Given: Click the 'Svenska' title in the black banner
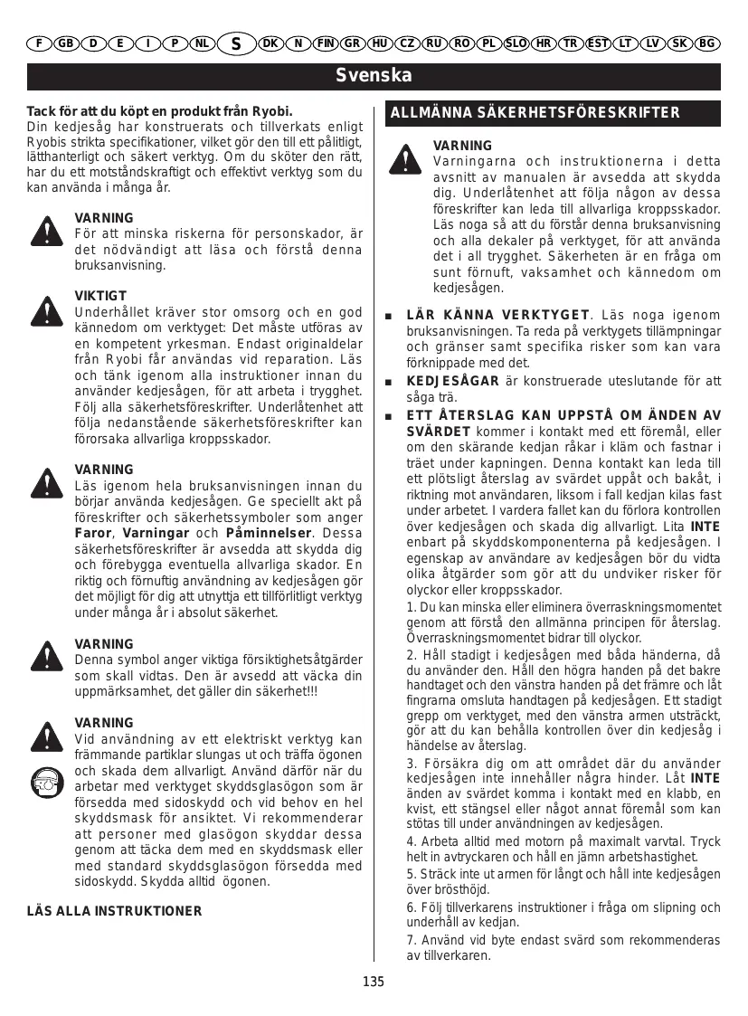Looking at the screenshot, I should tap(374, 75).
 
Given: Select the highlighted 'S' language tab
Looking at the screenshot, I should tap(236, 43).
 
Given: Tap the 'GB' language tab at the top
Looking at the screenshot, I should tap(66, 43).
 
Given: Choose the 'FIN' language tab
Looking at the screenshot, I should tap(326, 43).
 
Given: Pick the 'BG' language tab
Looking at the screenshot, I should tap(707, 43).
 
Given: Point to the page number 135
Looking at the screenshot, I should tap(374, 982).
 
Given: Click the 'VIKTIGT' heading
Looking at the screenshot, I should tap(100, 296).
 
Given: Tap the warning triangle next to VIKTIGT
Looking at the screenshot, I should tap(43, 309).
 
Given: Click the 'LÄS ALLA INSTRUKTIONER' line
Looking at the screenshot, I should tap(115, 910).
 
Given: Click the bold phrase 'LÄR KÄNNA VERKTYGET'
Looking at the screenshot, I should tap(497, 315).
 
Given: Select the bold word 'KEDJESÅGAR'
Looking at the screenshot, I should tap(453, 381).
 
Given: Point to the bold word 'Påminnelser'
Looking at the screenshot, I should tap(269, 532).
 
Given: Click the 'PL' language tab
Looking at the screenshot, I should tap(488, 43).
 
